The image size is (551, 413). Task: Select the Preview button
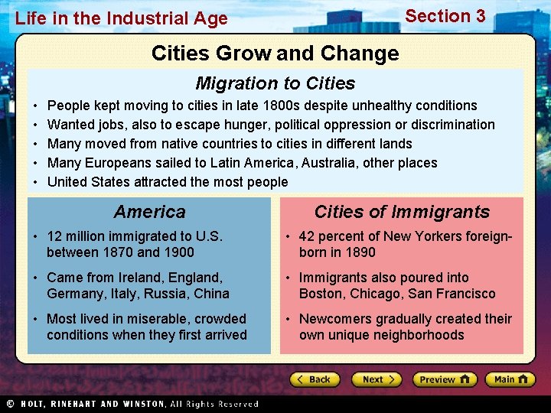click(445, 379)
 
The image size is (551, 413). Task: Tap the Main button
click(510, 379)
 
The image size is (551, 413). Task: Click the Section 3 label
click(445, 16)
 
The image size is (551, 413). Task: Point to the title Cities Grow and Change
click(275, 53)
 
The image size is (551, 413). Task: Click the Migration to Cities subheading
click(275, 83)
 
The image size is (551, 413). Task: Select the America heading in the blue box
click(149, 212)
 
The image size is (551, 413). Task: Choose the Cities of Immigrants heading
click(401, 212)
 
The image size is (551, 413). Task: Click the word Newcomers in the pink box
click(332, 319)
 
